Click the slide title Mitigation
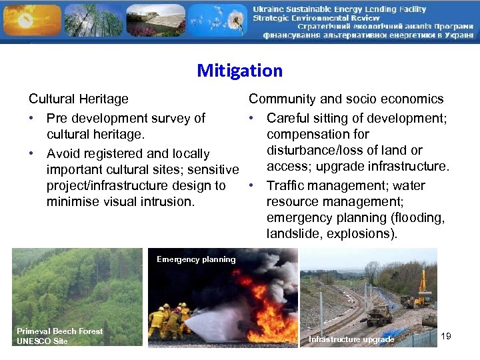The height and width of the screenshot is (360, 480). (239, 71)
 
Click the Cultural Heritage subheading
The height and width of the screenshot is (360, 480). (79, 99)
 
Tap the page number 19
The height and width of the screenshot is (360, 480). (446, 336)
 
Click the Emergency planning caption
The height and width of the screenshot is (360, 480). (196, 259)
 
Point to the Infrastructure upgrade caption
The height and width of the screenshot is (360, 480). (351, 340)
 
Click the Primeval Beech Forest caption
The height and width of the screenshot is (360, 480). (60, 331)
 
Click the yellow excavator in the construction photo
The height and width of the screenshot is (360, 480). (422, 287)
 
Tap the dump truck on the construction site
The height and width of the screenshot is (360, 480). (379, 315)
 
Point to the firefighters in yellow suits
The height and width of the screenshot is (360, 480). (170, 320)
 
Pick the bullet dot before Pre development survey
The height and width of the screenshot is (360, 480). (32, 119)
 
